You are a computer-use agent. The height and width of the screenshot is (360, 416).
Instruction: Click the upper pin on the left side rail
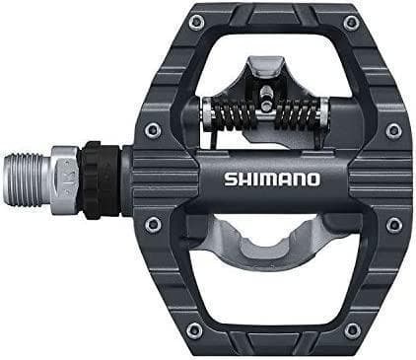(x=150, y=129)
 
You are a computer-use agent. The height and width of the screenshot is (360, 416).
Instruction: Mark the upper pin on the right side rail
(x=394, y=130)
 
